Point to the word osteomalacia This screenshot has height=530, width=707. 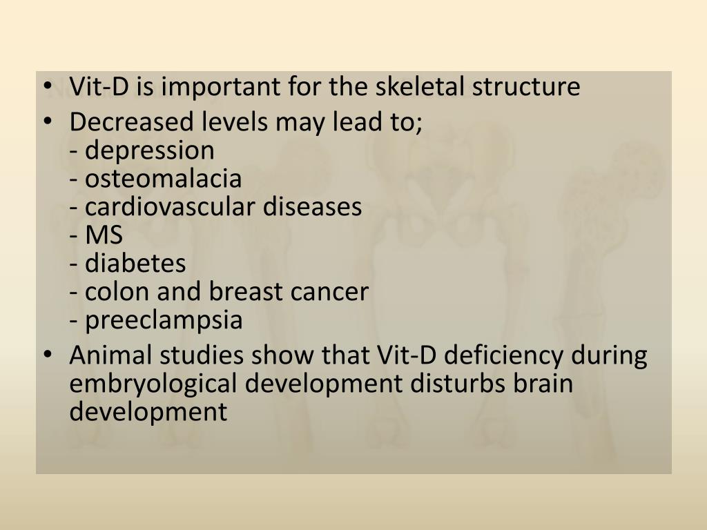tap(163, 179)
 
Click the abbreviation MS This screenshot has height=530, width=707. tap(104, 235)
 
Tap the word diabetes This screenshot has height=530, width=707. tap(135, 264)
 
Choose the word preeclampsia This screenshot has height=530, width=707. tap(164, 320)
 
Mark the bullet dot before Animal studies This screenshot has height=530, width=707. tap(47, 356)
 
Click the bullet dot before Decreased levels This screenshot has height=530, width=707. tap(47, 123)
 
